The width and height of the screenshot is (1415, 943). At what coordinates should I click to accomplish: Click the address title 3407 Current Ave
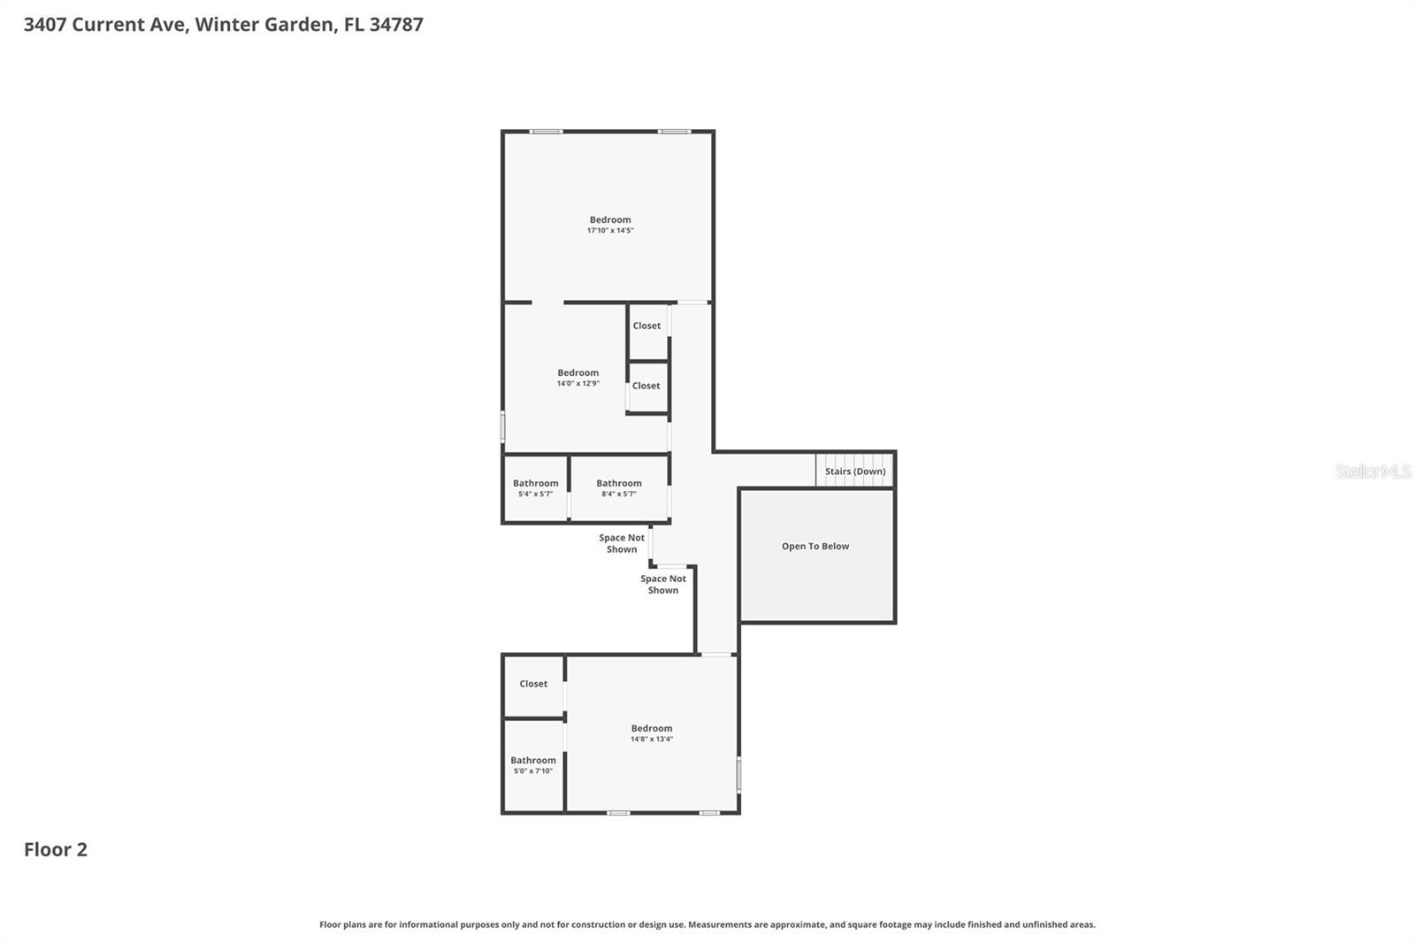click(223, 24)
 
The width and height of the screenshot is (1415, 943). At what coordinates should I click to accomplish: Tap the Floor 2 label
click(56, 849)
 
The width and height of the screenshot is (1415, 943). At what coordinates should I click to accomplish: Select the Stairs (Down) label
click(855, 471)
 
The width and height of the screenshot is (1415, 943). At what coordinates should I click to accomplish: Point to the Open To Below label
click(815, 547)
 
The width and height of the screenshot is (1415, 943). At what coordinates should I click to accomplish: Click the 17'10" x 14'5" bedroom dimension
click(610, 231)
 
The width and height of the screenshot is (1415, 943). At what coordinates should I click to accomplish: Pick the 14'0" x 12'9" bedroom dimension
click(577, 384)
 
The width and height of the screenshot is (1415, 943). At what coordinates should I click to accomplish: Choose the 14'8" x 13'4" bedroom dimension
click(652, 740)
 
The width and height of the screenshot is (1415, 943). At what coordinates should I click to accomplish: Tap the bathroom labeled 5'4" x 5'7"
click(535, 488)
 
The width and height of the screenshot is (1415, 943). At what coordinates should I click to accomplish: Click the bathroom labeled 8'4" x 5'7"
click(618, 488)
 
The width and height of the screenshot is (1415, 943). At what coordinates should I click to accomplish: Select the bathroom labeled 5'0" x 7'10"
click(533, 765)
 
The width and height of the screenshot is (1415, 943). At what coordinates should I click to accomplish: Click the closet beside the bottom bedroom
click(533, 684)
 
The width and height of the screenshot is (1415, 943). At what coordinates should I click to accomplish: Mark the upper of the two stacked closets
click(646, 326)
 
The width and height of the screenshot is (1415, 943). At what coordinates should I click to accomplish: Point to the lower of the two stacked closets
click(646, 386)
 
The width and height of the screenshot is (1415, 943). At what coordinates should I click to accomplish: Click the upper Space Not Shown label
click(622, 543)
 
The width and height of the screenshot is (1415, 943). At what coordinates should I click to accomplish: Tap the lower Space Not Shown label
click(663, 585)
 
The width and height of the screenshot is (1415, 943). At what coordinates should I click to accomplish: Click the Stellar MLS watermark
click(1373, 471)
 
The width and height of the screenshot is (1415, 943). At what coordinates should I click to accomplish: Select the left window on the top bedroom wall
click(546, 132)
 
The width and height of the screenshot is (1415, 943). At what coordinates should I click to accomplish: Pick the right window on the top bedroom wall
click(674, 132)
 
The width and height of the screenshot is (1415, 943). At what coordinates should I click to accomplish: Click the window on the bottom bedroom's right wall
click(738, 774)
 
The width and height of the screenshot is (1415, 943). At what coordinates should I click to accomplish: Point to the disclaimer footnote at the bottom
click(707, 924)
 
